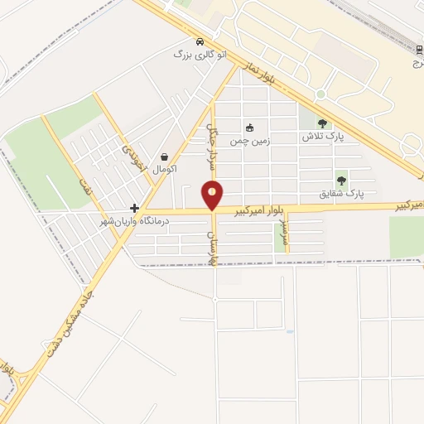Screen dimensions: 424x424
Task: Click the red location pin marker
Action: [213, 195]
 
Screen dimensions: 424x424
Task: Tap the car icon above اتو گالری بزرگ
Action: [199, 41]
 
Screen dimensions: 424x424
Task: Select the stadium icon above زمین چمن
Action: [249, 128]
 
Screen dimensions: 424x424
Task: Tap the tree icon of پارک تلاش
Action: [322, 123]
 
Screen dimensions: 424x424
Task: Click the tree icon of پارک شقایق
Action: [341, 181]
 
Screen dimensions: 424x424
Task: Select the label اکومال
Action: [164, 168]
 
